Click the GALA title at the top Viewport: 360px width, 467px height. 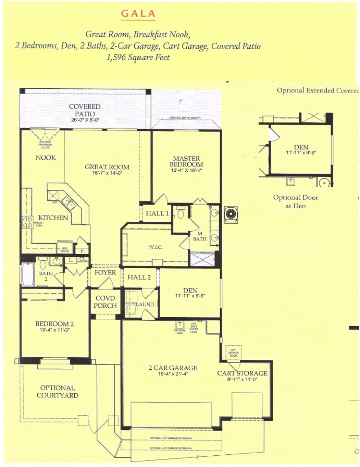pos(138,13)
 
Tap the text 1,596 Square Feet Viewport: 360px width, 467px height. pos(138,58)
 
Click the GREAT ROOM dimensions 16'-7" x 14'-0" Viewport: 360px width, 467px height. pos(107,173)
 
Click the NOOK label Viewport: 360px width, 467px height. pos(46,158)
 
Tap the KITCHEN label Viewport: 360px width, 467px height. pos(53,218)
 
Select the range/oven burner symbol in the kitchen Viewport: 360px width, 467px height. pos(27,221)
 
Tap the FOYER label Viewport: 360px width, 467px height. pos(105,273)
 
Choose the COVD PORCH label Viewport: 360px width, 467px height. pos(105,302)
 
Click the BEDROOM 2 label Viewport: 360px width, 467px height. pos(54,323)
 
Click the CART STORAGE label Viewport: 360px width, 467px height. pos(242,373)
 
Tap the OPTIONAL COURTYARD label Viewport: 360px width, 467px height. pos(58,391)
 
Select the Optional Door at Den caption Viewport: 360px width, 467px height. pos(296,202)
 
